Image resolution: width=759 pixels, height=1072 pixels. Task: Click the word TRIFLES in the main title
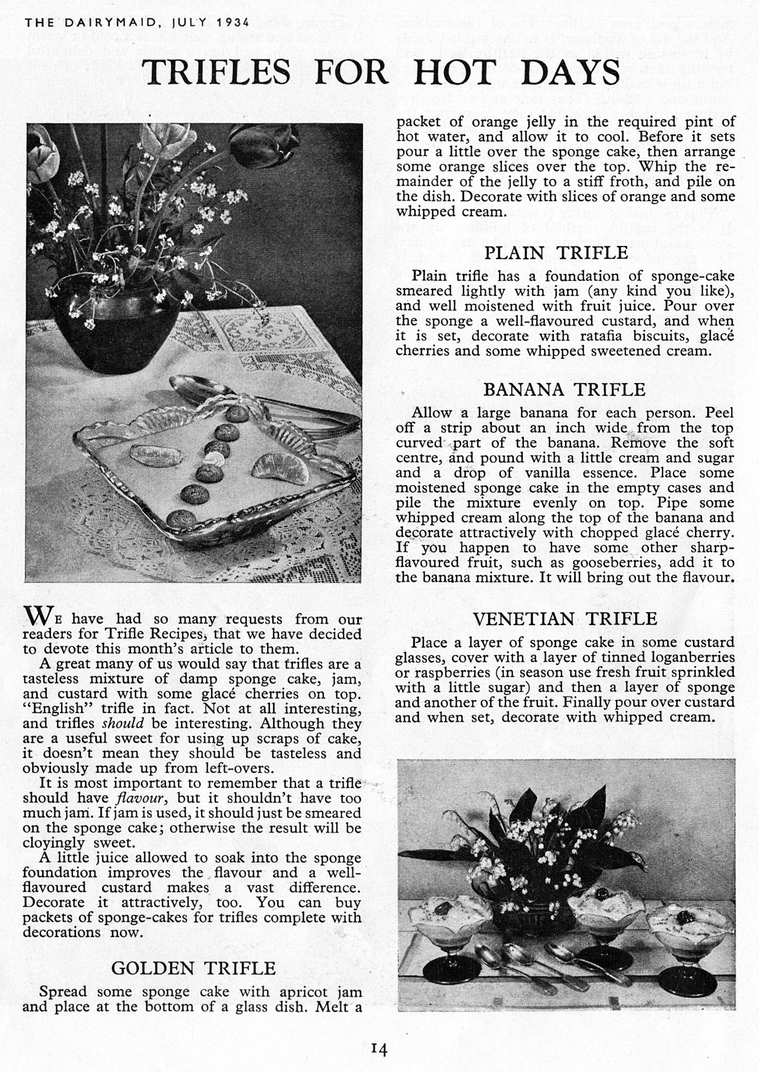[217, 72]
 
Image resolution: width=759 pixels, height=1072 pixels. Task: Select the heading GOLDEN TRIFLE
[193, 968]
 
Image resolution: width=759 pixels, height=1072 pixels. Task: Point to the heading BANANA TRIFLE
[564, 389]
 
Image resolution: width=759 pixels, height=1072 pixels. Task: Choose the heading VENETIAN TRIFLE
[565, 619]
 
